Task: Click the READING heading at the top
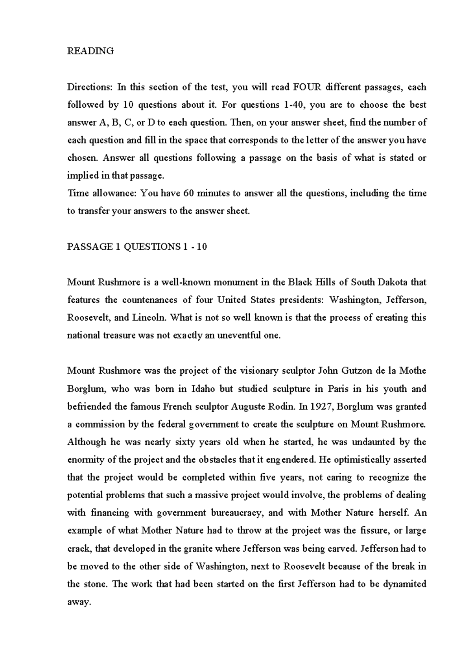pos(90,51)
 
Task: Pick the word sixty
pos(177,442)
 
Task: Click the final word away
pos(79,602)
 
